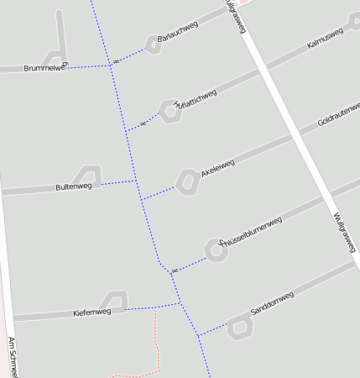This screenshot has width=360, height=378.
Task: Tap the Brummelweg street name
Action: pyautogui.click(x=44, y=67)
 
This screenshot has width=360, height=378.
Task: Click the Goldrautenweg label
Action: pyautogui.click(x=338, y=119)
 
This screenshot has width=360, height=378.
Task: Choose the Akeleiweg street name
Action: pyautogui.click(x=217, y=168)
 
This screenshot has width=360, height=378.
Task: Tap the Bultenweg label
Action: pyautogui.click(x=73, y=186)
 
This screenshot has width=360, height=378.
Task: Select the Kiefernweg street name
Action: pyautogui.click(x=92, y=312)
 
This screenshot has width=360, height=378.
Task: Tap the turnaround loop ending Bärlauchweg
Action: pyautogui.click(x=153, y=44)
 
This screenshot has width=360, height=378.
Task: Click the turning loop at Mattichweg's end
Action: pyautogui.click(x=171, y=113)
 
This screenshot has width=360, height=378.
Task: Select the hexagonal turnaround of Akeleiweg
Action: pyautogui.click(x=186, y=181)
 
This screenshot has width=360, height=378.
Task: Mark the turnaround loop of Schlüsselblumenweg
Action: pyautogui.click(x=216, y=250)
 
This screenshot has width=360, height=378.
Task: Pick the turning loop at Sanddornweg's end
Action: pyautogui.click(x=240, y=327)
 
